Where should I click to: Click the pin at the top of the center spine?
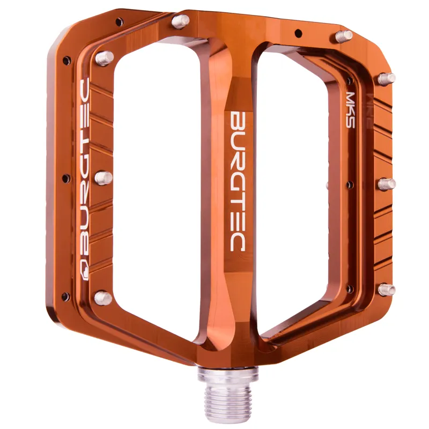(x=181, y=21)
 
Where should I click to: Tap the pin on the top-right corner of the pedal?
(x=343, y=36)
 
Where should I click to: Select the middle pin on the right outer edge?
(x=387, y=184)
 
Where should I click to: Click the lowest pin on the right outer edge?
(x=387, y=290)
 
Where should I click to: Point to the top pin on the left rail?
(x=104, y=57)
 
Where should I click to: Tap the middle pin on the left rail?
(x=103, y=177)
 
